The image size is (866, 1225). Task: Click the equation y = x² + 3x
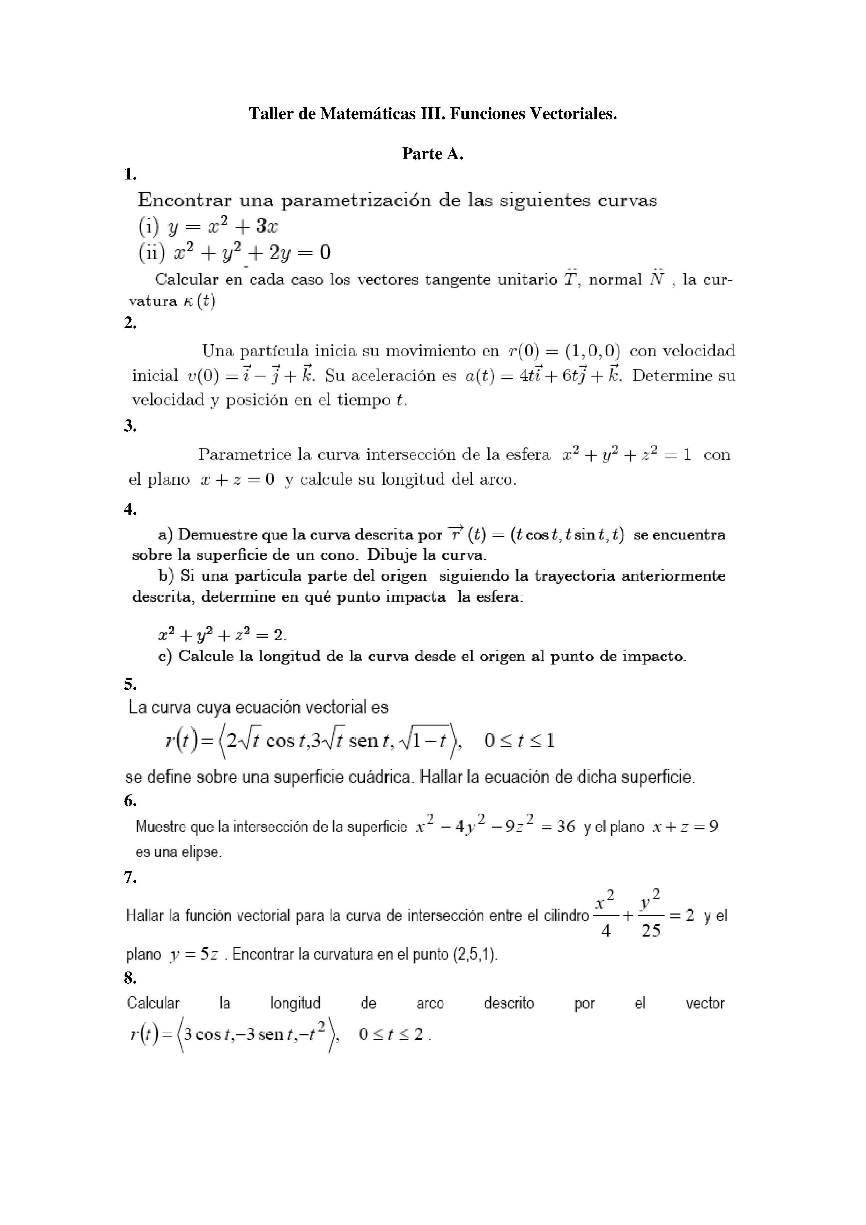coord(223,227)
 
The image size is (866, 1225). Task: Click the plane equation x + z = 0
coord(238,479)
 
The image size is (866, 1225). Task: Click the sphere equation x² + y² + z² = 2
coord(222,634)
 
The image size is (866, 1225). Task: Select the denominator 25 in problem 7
coord(651,931)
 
